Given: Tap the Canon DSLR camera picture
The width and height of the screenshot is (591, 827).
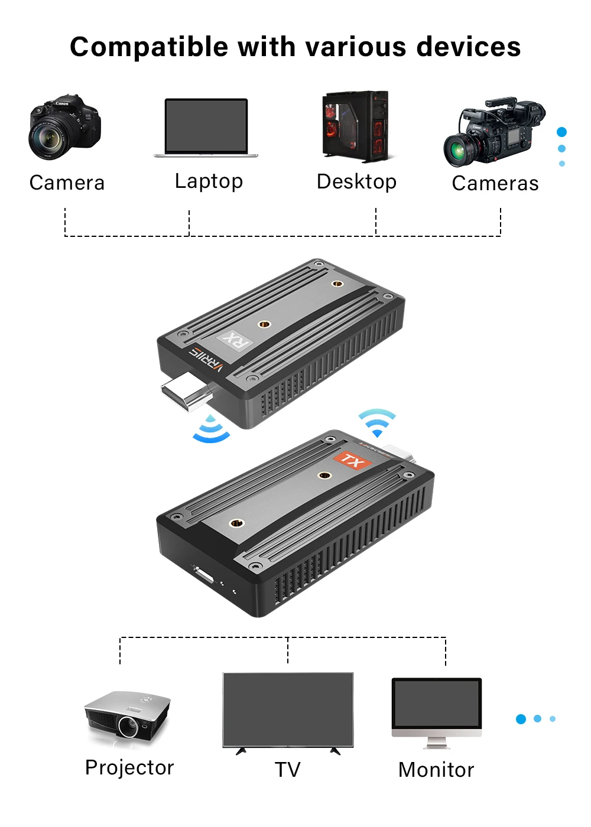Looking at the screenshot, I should (x=64, y=127).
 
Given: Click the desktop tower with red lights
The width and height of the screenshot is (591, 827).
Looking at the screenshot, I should (x=356, y=126).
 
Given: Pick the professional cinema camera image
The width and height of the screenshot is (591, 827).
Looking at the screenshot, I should (x=494, y=132).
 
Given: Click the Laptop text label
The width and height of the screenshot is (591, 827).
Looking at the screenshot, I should (x=209, y=181).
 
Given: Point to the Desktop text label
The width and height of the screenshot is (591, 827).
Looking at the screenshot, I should (x=356, y=182).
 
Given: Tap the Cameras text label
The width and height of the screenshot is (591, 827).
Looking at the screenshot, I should (x=495, y=184).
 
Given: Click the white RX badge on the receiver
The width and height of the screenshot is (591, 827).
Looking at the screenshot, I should (x=235, y=340).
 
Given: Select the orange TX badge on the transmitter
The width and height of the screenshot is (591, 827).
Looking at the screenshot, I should (x=352, y=460).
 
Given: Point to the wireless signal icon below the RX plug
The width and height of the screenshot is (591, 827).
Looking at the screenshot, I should (x=212, y=430).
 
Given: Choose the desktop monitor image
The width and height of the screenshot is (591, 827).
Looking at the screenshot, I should (x=437, y=712).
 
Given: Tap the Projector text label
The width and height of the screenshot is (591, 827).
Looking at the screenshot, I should (x=129, y=767).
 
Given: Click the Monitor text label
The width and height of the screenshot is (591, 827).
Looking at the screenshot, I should (x=436, y=770).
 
